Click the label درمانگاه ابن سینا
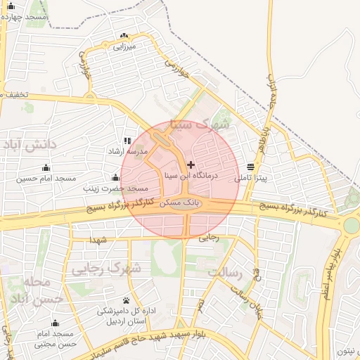point(192,174)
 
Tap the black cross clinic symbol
point(191,164)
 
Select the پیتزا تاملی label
point(251,179)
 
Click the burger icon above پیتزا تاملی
point(251,167)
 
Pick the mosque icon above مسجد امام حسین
point(46,167)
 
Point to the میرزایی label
point(124,46)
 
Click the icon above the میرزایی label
point(124,36)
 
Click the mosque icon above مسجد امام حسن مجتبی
point(55,323)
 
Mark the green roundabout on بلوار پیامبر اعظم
point(351,225)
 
